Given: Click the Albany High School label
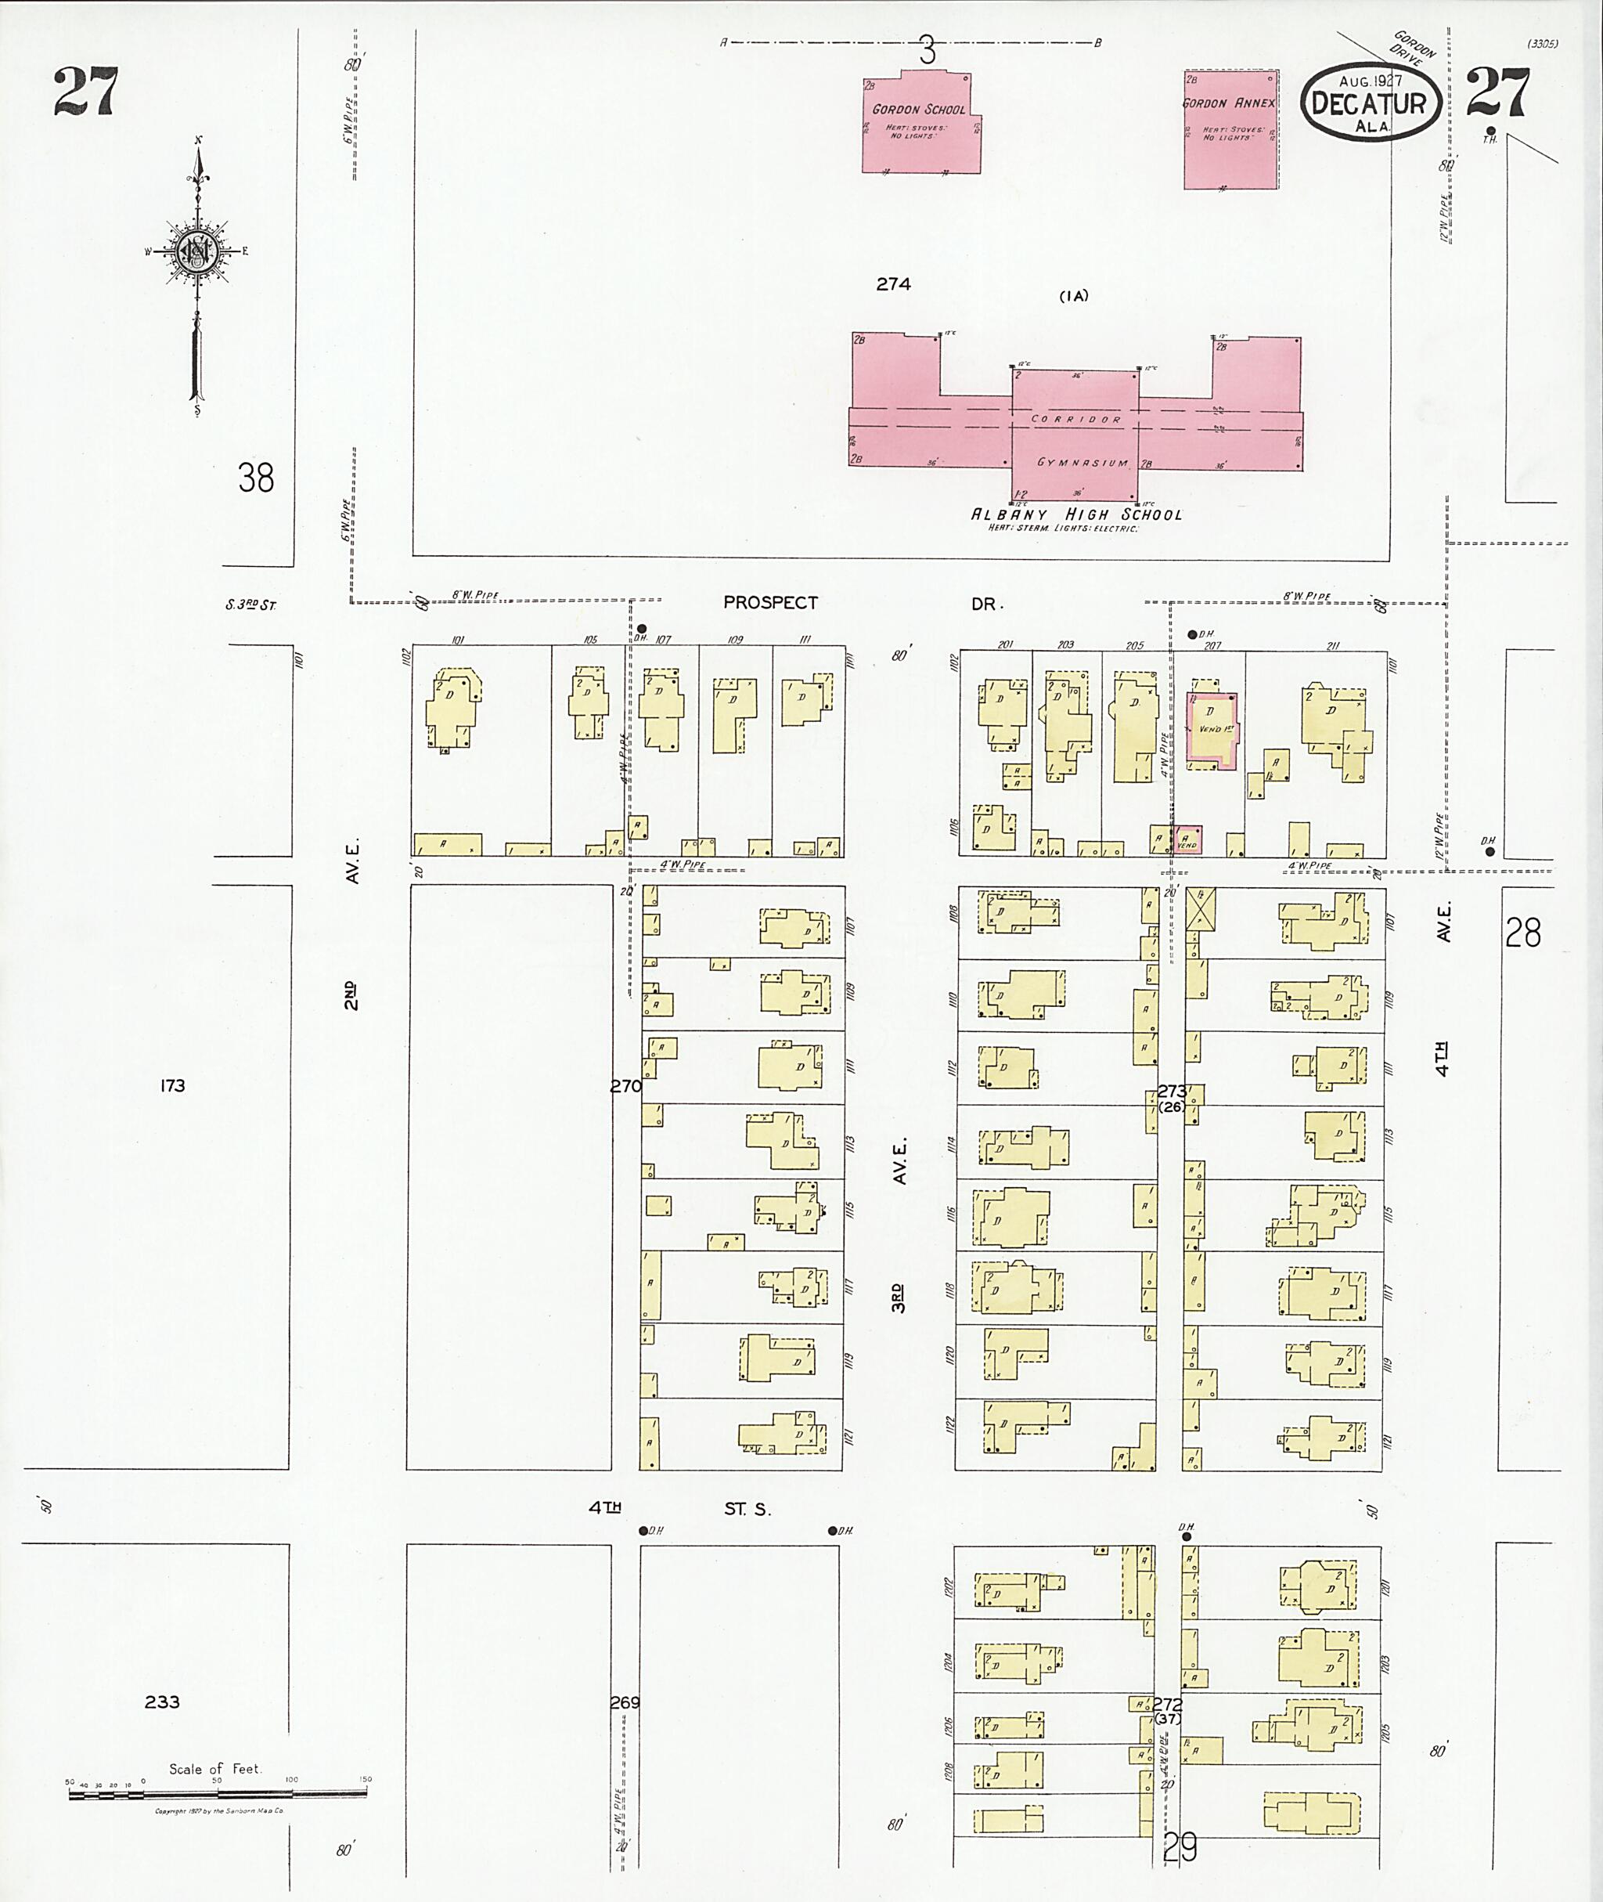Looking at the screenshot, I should pos(1076,514).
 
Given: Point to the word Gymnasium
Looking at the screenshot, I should pos(1082,463).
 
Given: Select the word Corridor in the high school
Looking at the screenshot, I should pos(1076,419).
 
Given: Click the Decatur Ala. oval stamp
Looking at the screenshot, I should pos(1371,102).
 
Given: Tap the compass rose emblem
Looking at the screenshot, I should pos(196,251).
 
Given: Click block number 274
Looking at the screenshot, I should pos(893,284).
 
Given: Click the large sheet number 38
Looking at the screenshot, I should pos(255,478).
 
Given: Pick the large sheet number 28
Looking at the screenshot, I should pos(1522,933).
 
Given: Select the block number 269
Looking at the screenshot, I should pos(625,1702).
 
